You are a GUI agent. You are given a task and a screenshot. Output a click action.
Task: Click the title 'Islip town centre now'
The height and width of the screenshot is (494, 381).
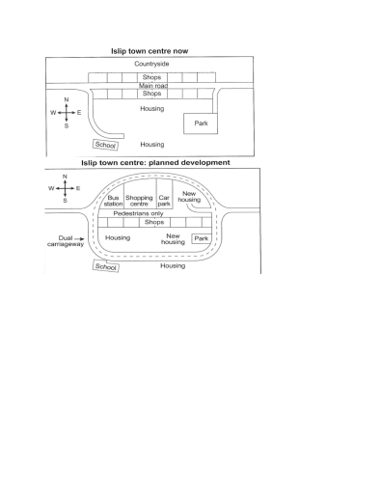[151, 48]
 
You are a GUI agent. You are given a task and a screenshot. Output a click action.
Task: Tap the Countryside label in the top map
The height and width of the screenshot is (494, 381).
[151, 63]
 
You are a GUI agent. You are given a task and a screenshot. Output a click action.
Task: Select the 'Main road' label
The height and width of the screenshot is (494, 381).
[151, 85]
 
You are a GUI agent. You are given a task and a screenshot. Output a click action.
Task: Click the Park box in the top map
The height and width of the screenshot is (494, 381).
[201, 123]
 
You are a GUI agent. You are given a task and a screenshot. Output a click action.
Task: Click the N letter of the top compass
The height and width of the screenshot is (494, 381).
[66, 100]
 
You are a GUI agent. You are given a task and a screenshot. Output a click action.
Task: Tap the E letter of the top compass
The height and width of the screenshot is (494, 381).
[79, 113]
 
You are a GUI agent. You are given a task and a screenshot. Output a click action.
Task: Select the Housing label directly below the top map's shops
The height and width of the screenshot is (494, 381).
[151, 108]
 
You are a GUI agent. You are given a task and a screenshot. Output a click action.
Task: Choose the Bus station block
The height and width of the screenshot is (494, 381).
[113, 202]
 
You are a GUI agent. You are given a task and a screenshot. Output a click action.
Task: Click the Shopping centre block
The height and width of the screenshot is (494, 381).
[139, 202]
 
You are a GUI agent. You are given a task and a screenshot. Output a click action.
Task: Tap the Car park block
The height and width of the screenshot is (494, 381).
[164, 202]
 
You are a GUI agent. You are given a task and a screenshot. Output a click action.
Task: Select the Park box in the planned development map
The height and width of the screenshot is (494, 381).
[201, 237]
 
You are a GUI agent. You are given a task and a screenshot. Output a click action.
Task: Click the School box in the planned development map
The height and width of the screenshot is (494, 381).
[106, 266]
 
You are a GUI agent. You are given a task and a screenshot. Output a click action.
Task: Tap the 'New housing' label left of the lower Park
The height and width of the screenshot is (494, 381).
[174, 238]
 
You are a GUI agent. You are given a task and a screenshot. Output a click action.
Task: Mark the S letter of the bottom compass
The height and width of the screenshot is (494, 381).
[66, 201]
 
